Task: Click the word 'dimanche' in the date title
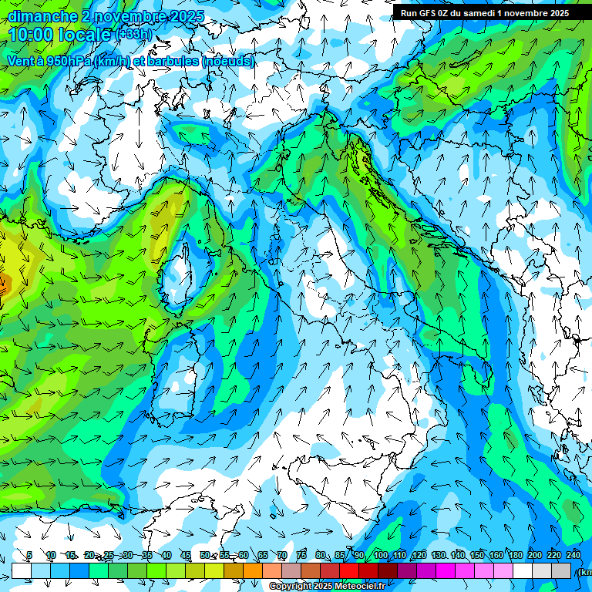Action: [x=42, y=15]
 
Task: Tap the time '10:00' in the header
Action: [x=35, y=35]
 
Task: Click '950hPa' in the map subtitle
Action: [x=66, y=61]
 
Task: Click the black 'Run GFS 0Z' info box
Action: [x=484, y=12]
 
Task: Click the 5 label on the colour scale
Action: [x=29, y=555]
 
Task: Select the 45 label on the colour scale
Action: [x=186, y=555]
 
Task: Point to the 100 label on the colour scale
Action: [x=380, y=555]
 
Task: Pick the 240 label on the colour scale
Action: [x=573, y=555]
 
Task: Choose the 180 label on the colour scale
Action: [x=514, y=555]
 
